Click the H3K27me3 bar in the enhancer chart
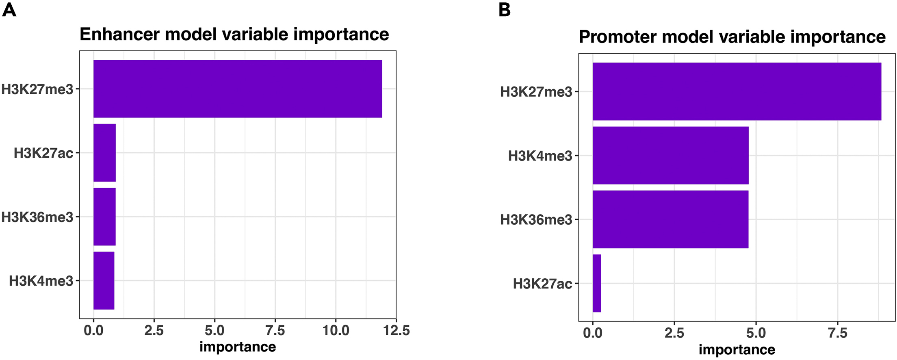pos(238,89)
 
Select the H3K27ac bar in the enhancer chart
pos(104,153)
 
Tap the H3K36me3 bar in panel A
pos(104,217)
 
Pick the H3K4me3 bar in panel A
pos(104,280)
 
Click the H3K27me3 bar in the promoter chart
pos(737,91)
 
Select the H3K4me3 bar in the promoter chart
pos(670,155)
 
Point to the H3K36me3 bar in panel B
pos(670,219)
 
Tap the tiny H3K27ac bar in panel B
pos(596,283)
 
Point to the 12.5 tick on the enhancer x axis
pos(396,330)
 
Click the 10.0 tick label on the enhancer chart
pos(336,330)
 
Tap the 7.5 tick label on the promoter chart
pos(837,333)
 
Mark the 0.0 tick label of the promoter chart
pos(592,333)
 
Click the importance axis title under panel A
pos(238,347)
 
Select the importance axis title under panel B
pos(737,350)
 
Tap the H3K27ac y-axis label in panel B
pos(542,284)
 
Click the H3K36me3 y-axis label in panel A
pos(37,217)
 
